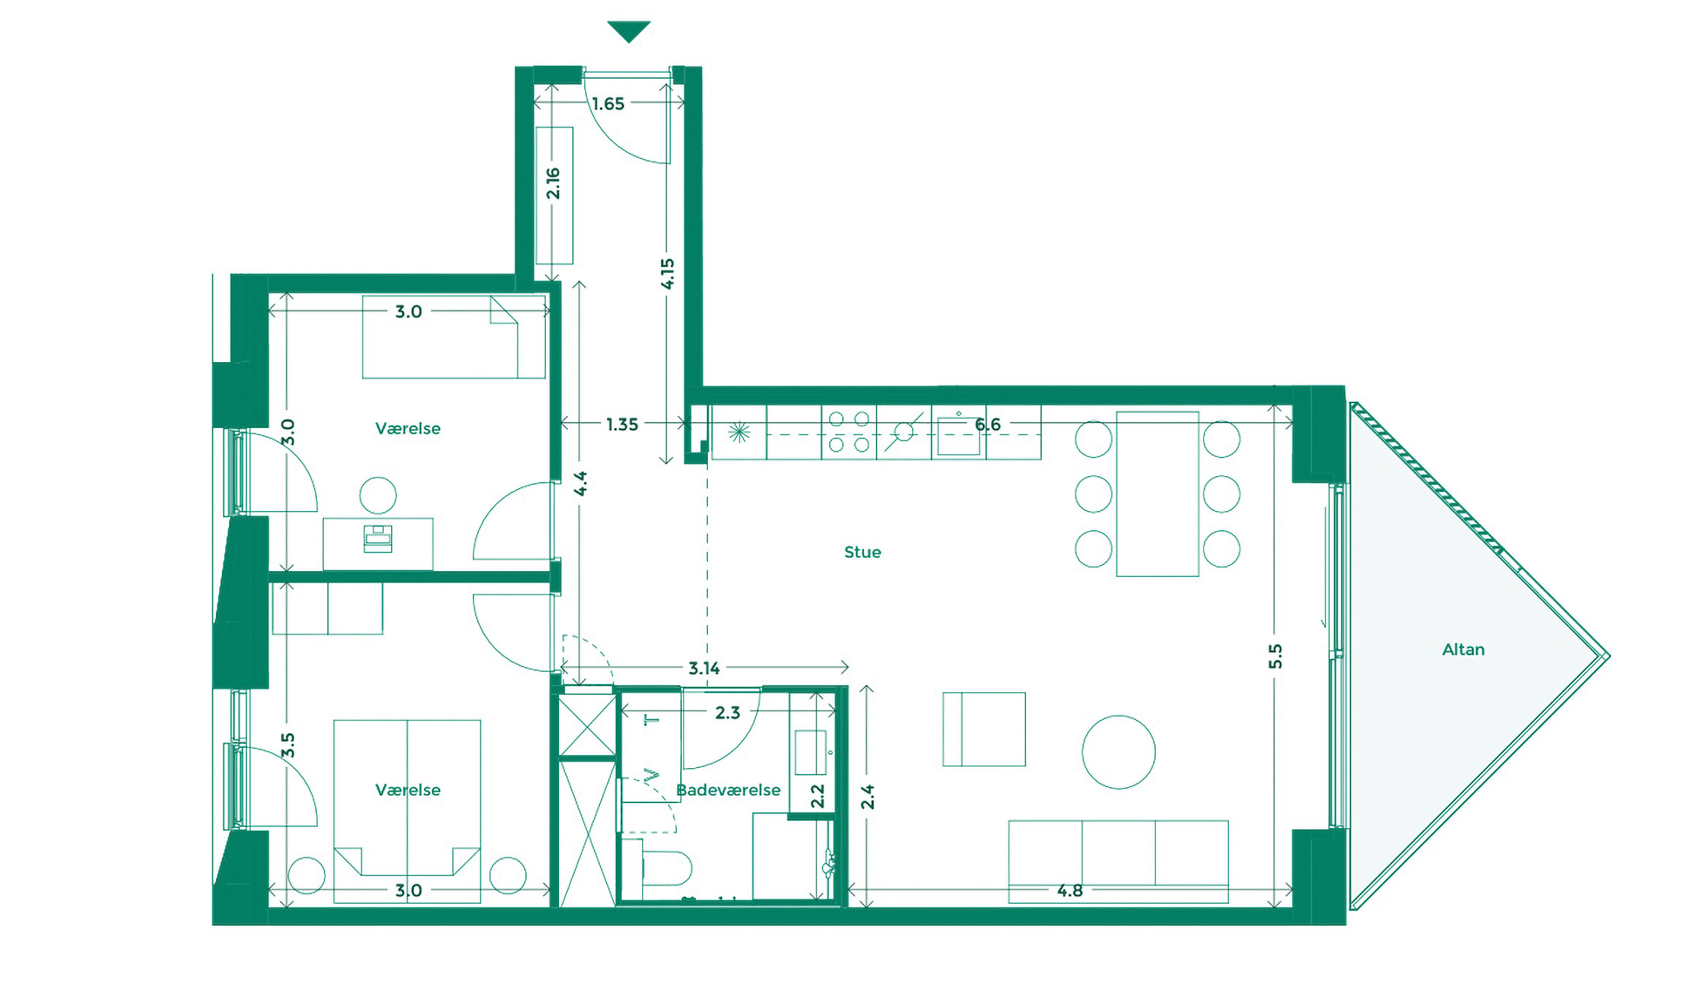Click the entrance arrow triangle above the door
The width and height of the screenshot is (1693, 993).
[628, 31]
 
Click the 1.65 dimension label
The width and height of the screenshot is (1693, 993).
[608, 104]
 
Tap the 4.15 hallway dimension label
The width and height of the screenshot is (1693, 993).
[667, 274]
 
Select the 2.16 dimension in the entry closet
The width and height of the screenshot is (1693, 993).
[553, 183]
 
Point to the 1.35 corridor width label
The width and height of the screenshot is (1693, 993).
[622, 424]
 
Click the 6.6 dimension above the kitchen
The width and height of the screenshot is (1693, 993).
[987, 424]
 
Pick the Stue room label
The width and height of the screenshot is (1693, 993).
[862, 552]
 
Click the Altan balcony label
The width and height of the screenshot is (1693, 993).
[1462, 649]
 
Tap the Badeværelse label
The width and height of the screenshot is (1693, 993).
[728, 789]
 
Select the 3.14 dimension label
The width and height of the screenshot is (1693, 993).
[703, 668]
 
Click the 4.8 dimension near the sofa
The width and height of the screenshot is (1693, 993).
[1069, 890]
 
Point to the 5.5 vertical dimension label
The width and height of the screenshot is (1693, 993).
[1274, 656]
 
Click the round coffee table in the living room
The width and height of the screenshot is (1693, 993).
[1118, 752]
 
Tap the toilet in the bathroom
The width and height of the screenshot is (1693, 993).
[668, 867]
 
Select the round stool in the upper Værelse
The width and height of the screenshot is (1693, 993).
[378, 496]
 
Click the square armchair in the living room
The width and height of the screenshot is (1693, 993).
[984, 729]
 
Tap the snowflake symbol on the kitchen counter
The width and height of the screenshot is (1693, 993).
[738, 432]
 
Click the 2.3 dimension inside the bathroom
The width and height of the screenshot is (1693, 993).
[727, 713]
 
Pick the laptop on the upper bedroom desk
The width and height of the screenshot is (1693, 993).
[377, 539]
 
